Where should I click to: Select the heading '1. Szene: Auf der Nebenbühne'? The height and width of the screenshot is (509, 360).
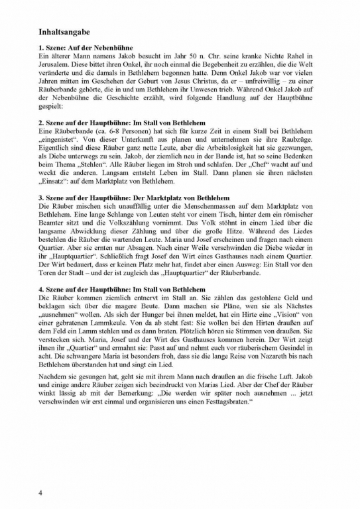(x=86, y=48)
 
